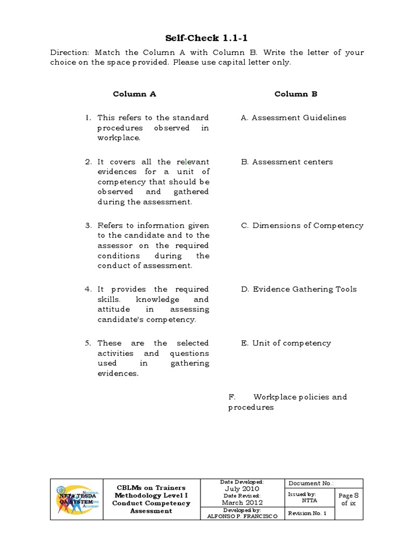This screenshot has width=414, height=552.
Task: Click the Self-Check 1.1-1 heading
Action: click(x=206, y=38)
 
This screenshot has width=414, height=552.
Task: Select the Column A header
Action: click(x=134, y=94)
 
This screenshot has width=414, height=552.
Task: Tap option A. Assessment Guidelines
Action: click(x=294, y=118)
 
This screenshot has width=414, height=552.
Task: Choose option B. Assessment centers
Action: click(x=287, y=162)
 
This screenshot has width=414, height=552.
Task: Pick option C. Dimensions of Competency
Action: click(x=302, y=225)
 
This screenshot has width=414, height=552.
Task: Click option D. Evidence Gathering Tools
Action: click(x=299, y=289)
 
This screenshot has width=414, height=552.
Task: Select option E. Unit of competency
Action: click(x=286, y=343)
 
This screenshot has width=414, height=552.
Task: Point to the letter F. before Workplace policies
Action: click(x=232, y=397)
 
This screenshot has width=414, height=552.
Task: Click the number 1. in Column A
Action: click(x=87, y=118)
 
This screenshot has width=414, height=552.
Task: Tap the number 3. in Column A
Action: click(x=87, y=225)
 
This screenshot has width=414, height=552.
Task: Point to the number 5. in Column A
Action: click(x=87, y=343)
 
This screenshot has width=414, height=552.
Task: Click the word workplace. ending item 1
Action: click(x=119, y=138)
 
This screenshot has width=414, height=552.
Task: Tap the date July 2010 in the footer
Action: click(x=241, y=488)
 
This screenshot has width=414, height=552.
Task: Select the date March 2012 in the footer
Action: click(x=241, y=502)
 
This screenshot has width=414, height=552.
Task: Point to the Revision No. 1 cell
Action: click(x=307, y=513)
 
